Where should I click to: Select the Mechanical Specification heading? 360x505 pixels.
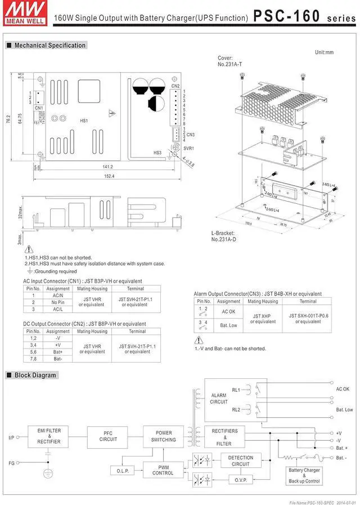[49, 45]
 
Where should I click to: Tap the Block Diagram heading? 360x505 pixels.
[35, 375]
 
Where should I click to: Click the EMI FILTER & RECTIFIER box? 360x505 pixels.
[49, 435]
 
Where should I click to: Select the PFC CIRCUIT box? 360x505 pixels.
[108, 436]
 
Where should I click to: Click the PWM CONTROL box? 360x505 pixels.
[163, 470]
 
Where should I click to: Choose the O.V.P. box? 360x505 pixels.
[240, 480]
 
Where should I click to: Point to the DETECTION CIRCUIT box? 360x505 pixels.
[240, 461]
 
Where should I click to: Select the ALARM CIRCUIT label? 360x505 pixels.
[218, 399]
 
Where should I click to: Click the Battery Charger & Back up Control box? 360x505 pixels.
[304, 476]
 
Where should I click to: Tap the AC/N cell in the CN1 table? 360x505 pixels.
[58, 295]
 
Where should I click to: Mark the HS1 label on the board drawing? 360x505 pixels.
[84, 121]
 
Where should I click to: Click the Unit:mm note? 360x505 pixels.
[324, 52]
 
